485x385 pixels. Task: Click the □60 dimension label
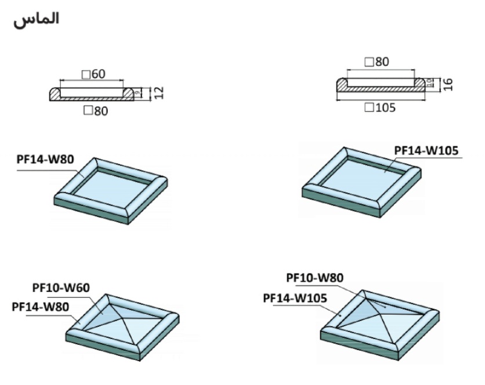94,74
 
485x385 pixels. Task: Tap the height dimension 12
159,92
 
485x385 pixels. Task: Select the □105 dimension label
382,107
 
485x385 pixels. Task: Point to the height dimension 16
447,85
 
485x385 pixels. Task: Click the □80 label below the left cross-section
96,111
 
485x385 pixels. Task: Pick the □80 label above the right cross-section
377,62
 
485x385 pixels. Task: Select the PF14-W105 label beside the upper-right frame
426,150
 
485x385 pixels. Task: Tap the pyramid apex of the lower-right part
379,310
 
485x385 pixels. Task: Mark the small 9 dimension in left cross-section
138,92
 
